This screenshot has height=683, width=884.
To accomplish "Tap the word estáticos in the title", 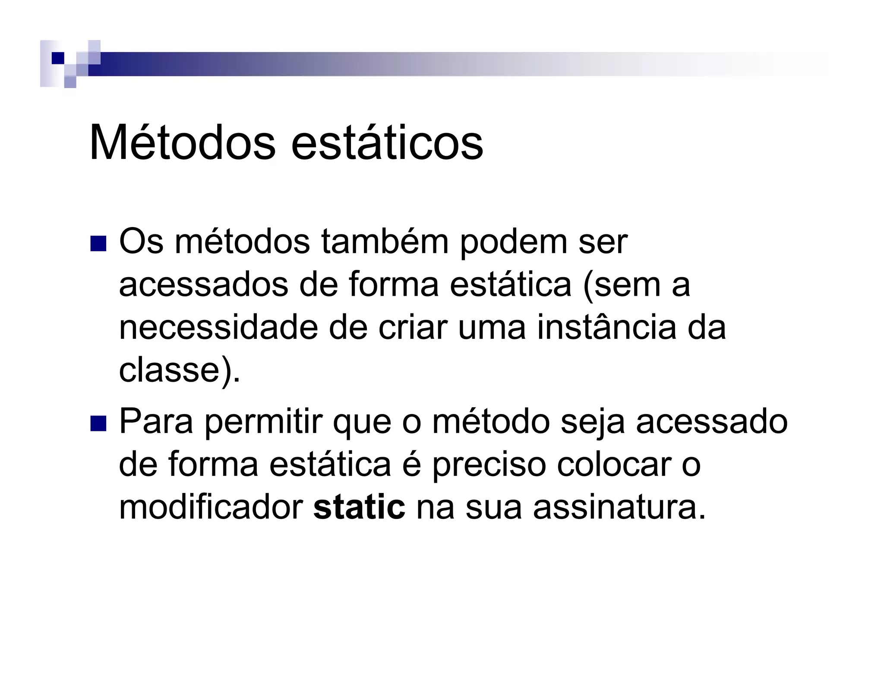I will click(x=387, y=143).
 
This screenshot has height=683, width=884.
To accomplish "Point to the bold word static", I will click(x=359, y=508).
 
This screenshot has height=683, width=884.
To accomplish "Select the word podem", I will click(x=513, y=243).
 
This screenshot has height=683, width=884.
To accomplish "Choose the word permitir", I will click(x=264, y=422).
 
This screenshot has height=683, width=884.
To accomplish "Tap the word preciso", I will click(x=489, y=465).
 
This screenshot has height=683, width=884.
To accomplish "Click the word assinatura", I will click(x=619, y=508).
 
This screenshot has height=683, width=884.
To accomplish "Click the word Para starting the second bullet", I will click(x=156, y=422).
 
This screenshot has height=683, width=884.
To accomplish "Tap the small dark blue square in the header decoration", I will click(x=57, y=58).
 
